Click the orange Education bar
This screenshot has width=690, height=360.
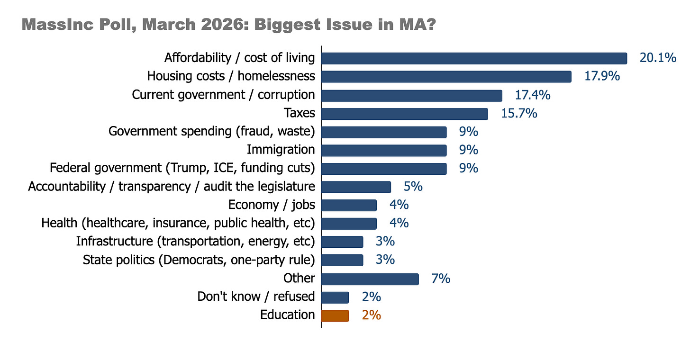pos(335,315)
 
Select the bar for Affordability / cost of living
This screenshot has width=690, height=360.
pos(474,59)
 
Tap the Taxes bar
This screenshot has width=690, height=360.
pos(405,114)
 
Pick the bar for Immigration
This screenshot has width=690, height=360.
pos(384,150)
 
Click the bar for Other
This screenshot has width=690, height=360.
pos(370,279)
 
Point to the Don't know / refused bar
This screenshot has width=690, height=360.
pos(335,297)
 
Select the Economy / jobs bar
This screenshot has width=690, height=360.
pos(349,206)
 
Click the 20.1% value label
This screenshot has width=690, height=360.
pos(658,58)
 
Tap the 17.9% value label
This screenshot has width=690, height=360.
pos(602,76)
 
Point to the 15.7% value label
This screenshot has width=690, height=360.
pos(519,113)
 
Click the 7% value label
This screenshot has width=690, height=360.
pos(441,279)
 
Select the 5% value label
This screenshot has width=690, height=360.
pos(413,186)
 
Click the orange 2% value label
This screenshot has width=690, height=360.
pos(372,315)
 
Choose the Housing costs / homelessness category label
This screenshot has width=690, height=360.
pos(231,76)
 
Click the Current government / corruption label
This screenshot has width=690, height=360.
pos(223,95)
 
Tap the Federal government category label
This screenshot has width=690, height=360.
pos(182,168)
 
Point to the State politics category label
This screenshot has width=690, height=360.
pos(199,260)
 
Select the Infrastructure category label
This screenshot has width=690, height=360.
pos(195,242)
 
